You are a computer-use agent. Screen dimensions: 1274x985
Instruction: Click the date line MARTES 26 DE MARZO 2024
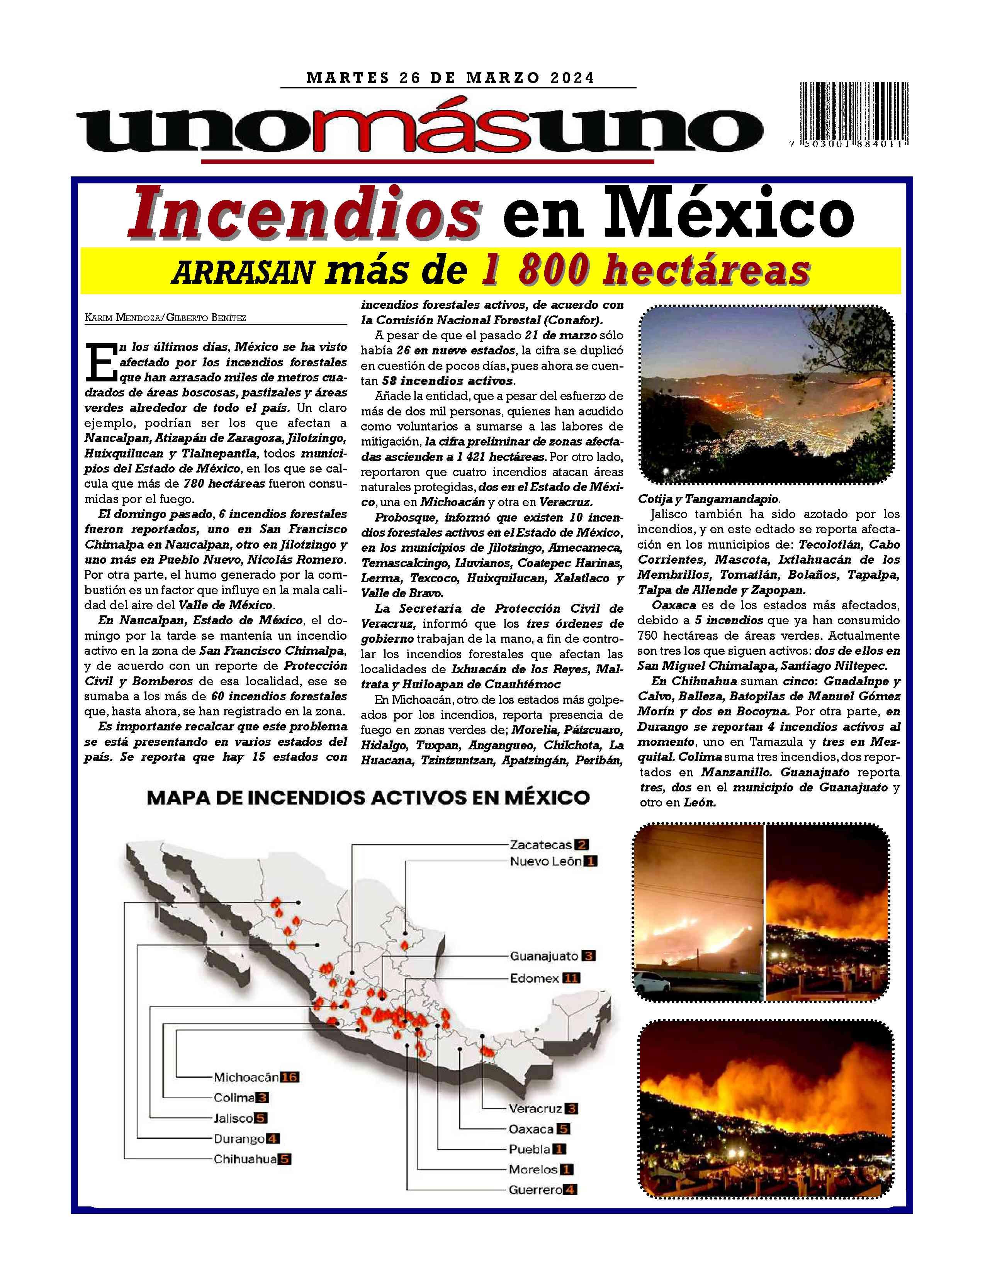click(x=450, y=78)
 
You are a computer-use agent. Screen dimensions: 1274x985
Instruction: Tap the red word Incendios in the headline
click(x=305, y=216)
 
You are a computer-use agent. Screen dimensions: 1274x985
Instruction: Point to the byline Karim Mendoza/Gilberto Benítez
click(x=165, y=318)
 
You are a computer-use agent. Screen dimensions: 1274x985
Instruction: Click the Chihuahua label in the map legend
click(x=245, y=1159)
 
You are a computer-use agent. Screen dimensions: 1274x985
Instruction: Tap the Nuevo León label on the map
click(x=545, y=861)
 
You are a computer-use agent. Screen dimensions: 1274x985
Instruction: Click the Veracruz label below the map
click(x=535, y=1109)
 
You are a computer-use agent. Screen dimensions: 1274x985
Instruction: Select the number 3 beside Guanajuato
click(x=588, y=956)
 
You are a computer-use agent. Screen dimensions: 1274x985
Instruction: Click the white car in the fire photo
click(x=652, y=983)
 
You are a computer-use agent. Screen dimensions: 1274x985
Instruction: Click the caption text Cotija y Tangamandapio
click(x=709, y=499)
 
